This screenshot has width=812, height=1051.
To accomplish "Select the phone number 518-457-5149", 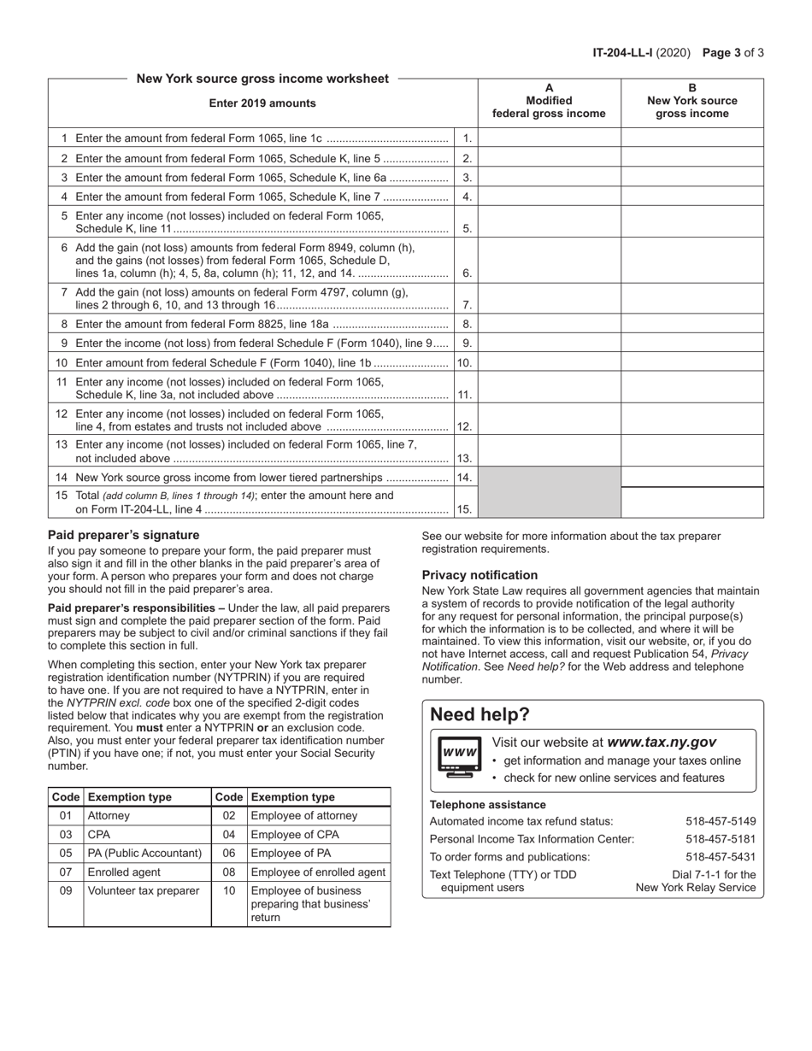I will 721,821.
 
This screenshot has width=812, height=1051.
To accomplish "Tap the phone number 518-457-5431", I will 721,856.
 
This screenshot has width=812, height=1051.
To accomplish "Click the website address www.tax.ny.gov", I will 662,743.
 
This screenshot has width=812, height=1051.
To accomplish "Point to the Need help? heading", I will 480,714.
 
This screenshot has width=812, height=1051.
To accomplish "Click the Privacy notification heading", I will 480,575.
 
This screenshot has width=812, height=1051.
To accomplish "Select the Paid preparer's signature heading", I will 123,535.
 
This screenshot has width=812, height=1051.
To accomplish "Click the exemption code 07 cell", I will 66,872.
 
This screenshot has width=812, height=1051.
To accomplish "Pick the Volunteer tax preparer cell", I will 130,890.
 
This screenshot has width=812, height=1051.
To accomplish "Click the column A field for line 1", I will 549,138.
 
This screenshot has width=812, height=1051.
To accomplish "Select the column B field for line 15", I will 691,502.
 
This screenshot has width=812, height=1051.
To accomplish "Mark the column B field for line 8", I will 691,324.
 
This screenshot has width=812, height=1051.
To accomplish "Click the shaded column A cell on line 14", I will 549,477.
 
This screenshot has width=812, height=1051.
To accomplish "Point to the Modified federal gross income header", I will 549,107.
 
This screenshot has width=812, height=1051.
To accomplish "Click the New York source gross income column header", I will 691,107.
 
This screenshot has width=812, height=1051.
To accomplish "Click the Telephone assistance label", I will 487,804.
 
